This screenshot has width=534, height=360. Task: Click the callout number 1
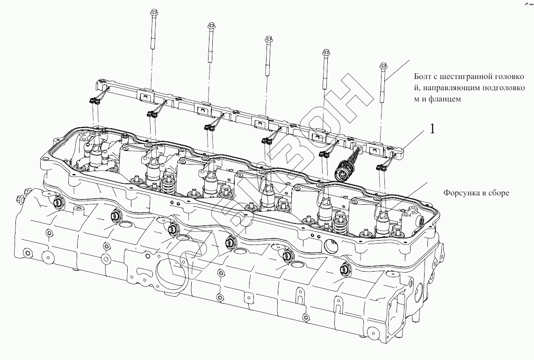pyautogui.click(x=432, y=129)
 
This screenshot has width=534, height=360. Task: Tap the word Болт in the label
pyautogui.click(x=423, y=77)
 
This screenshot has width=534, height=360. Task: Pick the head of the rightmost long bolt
pyautogui.click(x=383, y=65)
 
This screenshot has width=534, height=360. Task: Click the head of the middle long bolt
pyautogui.click(x=268, y=38)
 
